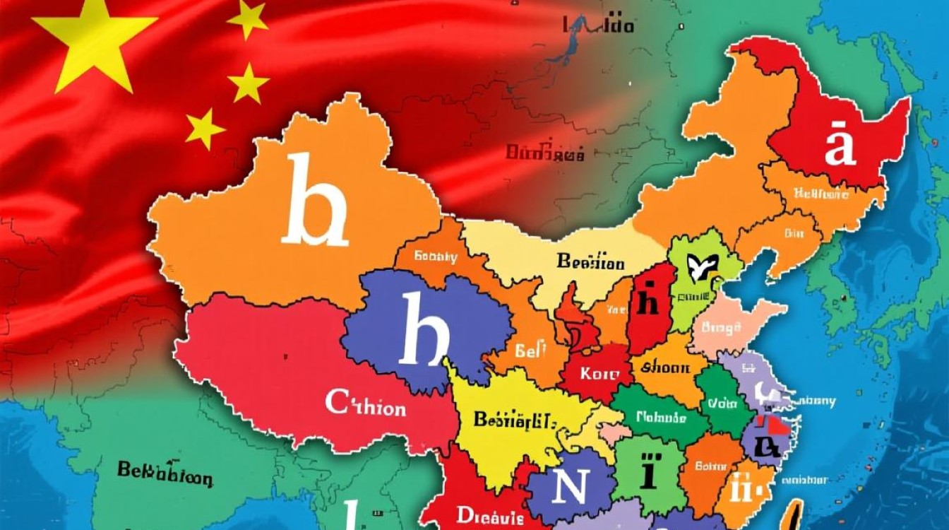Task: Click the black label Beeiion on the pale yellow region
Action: tap(590, 262)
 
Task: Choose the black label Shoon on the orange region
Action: tap(669, 367)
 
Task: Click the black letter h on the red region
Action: tap(646, 302)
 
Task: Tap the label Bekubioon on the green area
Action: tap(164, 474)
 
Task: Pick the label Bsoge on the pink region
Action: tap(720, 328)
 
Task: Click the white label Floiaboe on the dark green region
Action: tap(661, 418)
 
